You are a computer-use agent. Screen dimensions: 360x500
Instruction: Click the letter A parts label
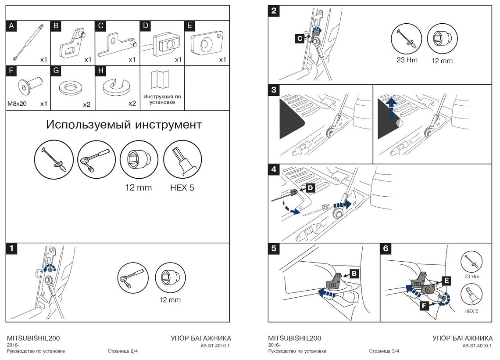tap(12, 26)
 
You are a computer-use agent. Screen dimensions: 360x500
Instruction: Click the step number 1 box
tap(12, 248)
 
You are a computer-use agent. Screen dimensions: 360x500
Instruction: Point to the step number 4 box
tap(274, 169)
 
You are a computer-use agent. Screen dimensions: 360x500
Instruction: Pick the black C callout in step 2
tap(300, 39)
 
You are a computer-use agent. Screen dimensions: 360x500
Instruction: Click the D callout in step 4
tap(310, 188)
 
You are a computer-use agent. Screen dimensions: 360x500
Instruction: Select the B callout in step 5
tap(354, 274)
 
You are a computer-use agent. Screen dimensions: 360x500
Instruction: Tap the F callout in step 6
tap(424, 306)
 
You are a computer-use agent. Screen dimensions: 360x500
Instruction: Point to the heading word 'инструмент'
tap(166, 125)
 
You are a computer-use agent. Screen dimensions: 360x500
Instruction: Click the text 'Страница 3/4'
tap(384, 351)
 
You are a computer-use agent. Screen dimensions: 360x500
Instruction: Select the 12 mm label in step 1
tap(170, 300)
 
